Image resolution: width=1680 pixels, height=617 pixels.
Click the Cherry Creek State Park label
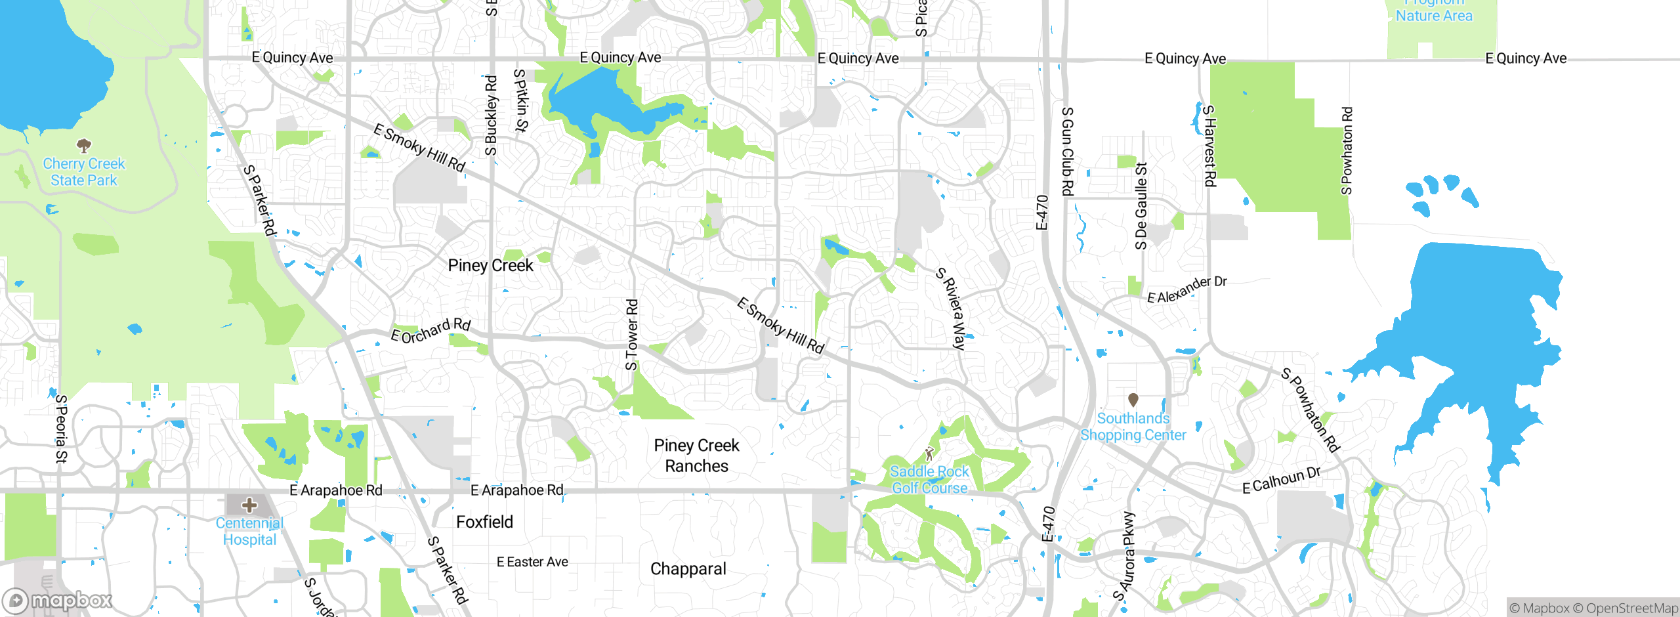click(x=84, y=172)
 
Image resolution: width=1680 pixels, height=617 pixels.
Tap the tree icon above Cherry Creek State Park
click(x=84, y=145)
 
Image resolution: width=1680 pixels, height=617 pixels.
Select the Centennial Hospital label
click(x=249, y=531)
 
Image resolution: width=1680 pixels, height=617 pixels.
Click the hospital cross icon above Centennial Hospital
click(x=249, y=505)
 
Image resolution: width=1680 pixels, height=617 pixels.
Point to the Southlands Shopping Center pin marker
click(x=1133, y=400)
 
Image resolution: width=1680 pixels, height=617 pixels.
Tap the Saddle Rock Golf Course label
click(x=929, y=480)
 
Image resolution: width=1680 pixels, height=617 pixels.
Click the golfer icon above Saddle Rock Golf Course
click(x=929, y=453)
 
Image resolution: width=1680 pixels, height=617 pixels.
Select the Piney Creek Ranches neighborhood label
click(x=696, y=456)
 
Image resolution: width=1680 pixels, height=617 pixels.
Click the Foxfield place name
click(x=484, y=522)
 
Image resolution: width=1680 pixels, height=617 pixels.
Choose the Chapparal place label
click(x=688, y=568)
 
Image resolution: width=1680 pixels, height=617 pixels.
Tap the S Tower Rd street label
click(x=631, y=335)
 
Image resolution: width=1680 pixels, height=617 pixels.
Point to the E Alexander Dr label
click(x=1186, y=289)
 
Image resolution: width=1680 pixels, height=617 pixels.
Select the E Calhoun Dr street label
click(x=1281, y=480)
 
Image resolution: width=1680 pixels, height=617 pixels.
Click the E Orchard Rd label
click(x=430, y=331)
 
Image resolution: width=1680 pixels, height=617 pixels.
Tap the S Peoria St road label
click(x=61, y=428)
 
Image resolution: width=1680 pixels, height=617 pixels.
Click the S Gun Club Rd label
click(x=1068, y=151)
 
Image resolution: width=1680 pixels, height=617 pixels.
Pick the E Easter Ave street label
click(x=532, y=562)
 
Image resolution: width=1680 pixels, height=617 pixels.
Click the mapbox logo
click(x=58, y=600)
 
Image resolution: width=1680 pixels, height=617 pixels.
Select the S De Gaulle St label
click(x=1141, y=206)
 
